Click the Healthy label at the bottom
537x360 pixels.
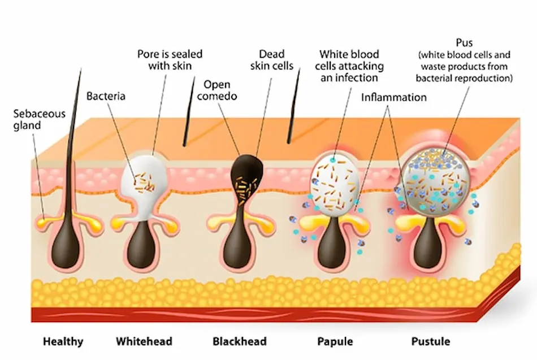(63, 341)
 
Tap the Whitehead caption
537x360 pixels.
(144, 341)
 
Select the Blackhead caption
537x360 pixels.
(239, 341)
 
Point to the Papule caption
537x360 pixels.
(335, 341)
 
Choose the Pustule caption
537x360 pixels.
(430, 341)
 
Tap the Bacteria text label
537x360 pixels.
(106, 97)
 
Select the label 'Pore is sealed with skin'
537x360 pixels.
(170, 60)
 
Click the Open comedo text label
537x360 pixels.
(220, 90)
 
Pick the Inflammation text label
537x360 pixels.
(393, 97)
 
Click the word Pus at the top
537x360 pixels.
(464, 43)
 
